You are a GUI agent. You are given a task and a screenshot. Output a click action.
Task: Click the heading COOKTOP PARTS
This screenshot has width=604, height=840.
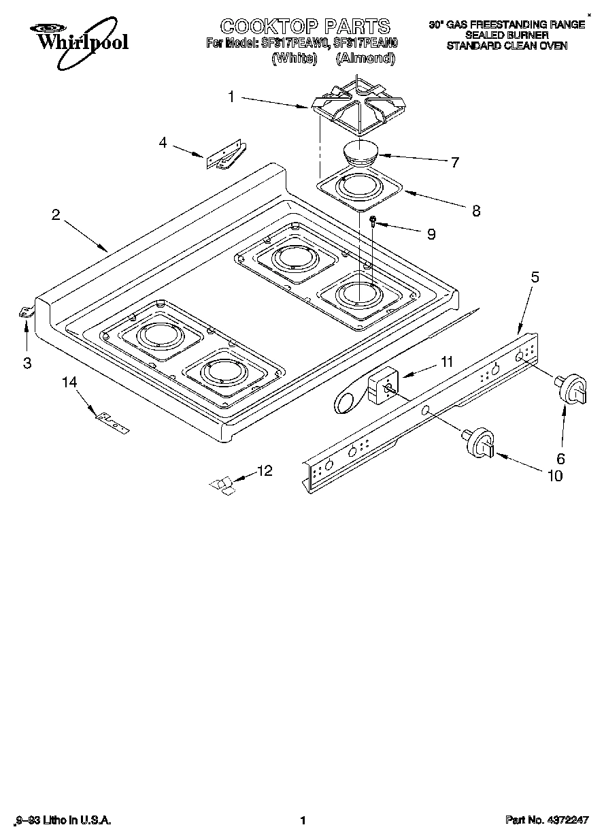[305, 26]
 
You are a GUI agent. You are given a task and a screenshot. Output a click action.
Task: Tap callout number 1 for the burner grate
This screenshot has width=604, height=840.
[231, 97]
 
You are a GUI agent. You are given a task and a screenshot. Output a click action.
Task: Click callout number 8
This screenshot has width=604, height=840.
[475, 211]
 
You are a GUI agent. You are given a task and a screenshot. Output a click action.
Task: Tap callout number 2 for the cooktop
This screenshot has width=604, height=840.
[56, 214]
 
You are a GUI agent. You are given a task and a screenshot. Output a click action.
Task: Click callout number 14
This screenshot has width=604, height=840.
[69, 383]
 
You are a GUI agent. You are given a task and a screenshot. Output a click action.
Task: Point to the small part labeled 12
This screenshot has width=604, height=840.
[222, 484]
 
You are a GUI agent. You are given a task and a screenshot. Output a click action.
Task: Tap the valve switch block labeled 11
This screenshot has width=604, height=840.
[381, 388]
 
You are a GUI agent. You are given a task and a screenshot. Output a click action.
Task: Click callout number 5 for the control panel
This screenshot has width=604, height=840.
[535, 277]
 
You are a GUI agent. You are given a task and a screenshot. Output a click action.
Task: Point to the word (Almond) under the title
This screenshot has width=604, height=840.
[366, 59]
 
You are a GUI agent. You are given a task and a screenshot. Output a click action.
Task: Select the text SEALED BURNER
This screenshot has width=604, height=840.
[506, 35]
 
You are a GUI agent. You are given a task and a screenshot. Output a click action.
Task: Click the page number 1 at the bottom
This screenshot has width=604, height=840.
[303, 820]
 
